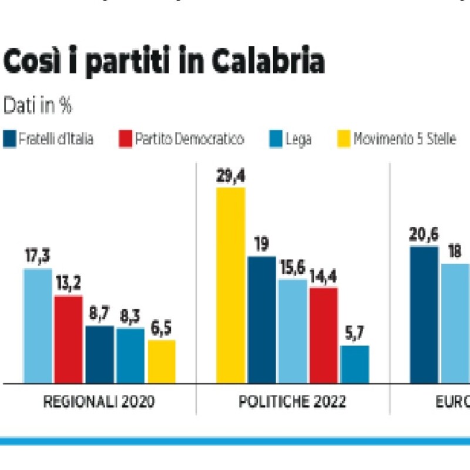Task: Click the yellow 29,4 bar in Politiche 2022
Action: (231, 285)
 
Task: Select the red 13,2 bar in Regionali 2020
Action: (68, 339)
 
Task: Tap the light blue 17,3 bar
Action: (38, 325)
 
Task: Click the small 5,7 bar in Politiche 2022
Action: (355, 364)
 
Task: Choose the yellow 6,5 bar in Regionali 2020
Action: (161, 361)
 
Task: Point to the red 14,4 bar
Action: (323, 335)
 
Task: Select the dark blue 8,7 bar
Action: (99, 354)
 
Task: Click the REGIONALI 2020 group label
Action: (99, 402)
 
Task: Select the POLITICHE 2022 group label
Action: (292, 402)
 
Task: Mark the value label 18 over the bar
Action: (455, 252)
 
